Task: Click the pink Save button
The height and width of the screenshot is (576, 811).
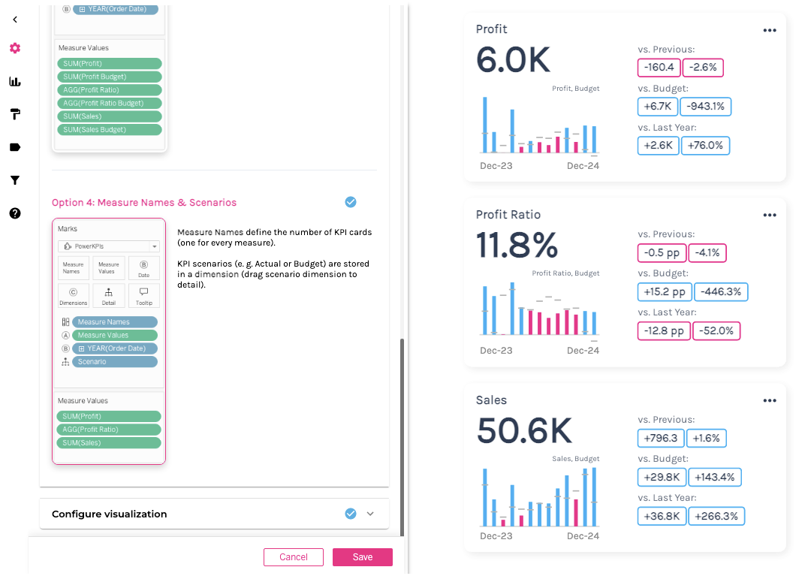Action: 363,557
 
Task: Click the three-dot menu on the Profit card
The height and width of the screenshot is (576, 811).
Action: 769,30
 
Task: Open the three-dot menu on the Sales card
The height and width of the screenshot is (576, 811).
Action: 769,401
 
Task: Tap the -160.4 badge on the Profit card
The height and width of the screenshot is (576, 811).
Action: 659,68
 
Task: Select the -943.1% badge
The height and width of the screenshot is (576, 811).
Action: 705,107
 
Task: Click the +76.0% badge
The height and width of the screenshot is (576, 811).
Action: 705,146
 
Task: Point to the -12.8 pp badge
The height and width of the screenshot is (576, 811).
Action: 664,330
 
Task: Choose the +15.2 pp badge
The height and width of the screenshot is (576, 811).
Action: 664,291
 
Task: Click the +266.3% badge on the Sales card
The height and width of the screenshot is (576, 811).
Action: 716,516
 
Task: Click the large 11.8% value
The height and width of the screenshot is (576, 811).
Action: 517,245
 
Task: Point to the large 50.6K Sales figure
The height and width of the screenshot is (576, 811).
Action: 524,430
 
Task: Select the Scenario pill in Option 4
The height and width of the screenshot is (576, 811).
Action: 115,362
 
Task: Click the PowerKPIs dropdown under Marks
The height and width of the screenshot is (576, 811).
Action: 109,246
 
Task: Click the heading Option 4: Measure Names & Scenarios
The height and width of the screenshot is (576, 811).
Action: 144,203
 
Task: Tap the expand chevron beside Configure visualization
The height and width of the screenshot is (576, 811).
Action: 369,514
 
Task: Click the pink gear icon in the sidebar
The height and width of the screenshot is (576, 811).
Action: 15,48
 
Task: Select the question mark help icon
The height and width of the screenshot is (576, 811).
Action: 15,213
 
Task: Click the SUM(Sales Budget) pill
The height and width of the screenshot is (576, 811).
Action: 110,130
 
